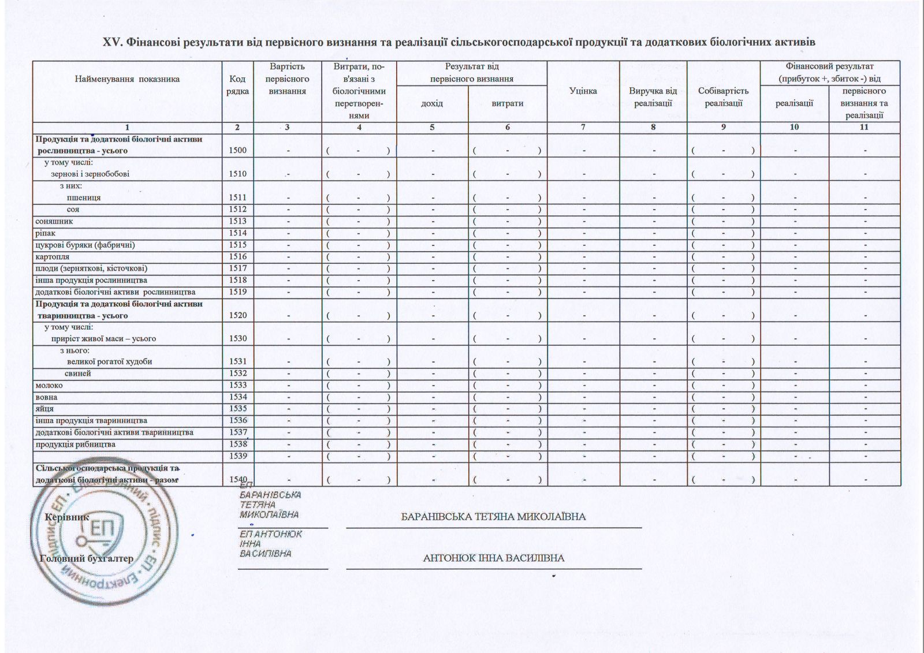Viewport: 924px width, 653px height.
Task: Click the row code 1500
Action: [237, 151]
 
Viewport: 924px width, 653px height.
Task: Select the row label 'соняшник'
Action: [54, 221]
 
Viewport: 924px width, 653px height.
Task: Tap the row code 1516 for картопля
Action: [237, 256]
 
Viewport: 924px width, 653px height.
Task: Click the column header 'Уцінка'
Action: [583, 91]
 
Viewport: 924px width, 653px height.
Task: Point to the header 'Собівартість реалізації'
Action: [723, 97]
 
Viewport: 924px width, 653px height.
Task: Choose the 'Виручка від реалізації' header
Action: [653, 97]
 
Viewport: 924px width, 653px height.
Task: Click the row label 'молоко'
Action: [49, 385]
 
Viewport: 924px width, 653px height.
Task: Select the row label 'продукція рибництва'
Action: [76, 444]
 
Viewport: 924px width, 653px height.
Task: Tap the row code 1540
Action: [237, 479]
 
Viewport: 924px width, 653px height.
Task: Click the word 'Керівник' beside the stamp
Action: [67, 517]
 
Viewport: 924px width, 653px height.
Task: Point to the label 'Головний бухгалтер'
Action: [87, 558]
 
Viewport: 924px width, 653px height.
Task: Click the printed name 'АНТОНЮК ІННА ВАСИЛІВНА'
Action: [494, 558]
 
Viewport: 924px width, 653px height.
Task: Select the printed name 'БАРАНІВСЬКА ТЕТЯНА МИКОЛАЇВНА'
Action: [494, 517]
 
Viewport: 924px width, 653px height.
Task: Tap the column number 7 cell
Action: [583, 128]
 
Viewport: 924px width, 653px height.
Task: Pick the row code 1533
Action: [237, 385]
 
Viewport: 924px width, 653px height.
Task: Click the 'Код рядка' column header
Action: [237, 85]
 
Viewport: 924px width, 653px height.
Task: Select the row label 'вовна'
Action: [46, 397]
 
